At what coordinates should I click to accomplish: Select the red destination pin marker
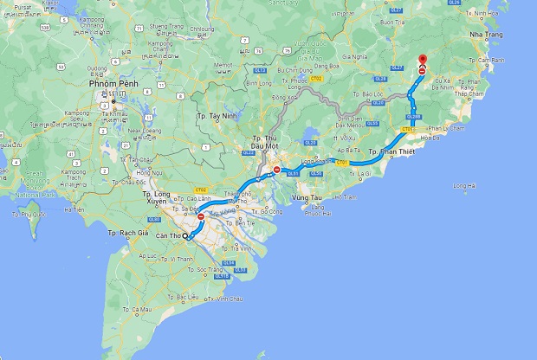[x=422, y=65]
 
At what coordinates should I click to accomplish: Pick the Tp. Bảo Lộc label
[x=368, y=93]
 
